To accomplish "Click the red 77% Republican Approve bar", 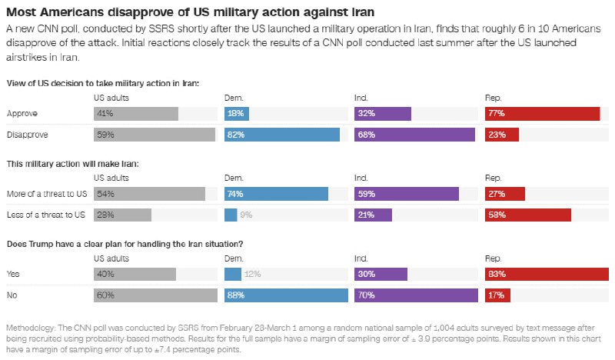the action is tap(543, 113).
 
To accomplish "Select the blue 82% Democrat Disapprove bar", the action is tap(282, 135).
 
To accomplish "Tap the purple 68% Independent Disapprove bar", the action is tap(414, 135).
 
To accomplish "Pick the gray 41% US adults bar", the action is tap(136, 113).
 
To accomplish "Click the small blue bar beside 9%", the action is tap(231, 215).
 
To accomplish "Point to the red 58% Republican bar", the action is tap(528, 215).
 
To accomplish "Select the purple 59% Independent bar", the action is tap(407, 194).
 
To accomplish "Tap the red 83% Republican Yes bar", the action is tap(547, 274).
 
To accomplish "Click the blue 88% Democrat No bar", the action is tap(286, 295).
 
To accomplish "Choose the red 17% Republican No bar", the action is tap(497, 295).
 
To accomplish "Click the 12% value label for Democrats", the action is tap(252, 274).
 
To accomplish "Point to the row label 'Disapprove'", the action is tap(28, 135).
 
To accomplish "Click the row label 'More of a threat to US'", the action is tap(47, 194).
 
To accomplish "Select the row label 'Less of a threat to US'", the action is tap(46, 215).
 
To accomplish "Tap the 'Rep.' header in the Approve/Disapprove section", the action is tap(493, 98).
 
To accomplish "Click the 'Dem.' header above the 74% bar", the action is tap(234, 178).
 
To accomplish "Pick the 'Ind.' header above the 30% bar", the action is tap(361, 258).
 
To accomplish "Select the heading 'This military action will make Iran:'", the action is tap(72, 164).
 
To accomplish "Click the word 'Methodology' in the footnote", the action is tap(30, 328).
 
